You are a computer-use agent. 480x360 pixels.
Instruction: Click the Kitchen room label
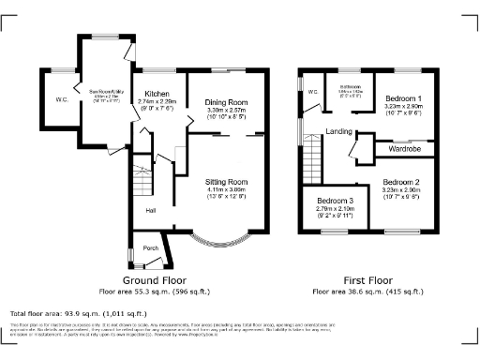[x=156, y=94]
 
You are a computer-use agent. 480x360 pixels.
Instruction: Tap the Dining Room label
[x=225, y=101]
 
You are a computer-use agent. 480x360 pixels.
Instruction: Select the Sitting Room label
[x=225, y=181]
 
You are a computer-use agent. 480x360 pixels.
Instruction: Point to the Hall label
[x=150, y=210]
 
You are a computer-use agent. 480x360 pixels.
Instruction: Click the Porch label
[x=150, y=248]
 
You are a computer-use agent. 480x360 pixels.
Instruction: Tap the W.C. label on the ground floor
[x=62, y=99]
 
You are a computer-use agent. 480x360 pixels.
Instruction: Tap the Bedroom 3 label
[x=335, y=202]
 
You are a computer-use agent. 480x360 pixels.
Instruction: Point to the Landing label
[x=338, y=132]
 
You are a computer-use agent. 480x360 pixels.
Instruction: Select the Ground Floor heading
[x=155, y=279]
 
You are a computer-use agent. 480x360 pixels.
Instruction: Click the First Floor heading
[x=367, y=279]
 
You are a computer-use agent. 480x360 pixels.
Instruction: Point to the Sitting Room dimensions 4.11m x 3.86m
[x=225, y=189]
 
